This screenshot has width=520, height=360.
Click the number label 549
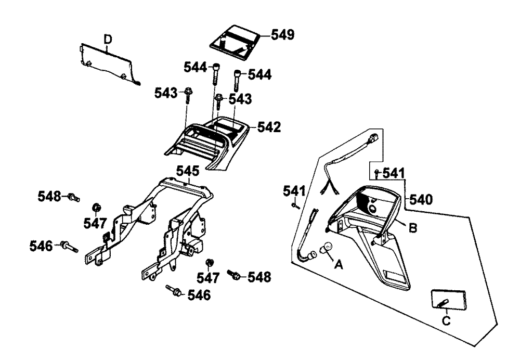point(282,34)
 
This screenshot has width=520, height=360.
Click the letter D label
point(108,40)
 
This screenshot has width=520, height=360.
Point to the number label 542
point(269,127)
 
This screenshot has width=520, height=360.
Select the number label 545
point(188,171)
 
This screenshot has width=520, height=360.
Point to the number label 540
point(421,199)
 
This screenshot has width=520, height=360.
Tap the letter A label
point(339,264)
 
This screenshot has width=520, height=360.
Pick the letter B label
point(412,228)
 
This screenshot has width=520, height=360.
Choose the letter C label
point(446,321)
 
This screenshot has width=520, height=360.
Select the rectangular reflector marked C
point(448,300)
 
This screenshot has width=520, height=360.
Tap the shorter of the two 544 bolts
point(238,80)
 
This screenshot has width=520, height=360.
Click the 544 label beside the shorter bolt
point(259,75)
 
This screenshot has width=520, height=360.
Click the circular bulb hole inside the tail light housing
point(372,209)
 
